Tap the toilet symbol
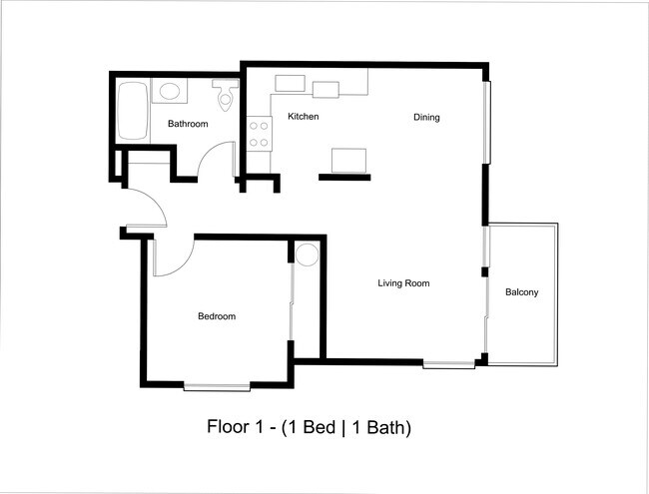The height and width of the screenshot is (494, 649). click(224, 96)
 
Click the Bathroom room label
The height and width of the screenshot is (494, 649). click(188, 125)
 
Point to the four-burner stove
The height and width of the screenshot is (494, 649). click(260, 133)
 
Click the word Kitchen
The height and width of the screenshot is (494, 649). click(303, 117)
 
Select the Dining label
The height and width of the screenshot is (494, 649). click(426, 118)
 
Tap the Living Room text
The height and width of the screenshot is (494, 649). click(403, 283)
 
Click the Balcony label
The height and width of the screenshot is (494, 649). click(521, 292)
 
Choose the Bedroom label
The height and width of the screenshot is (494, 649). click(217, 316)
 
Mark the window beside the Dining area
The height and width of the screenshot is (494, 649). click(487, 121)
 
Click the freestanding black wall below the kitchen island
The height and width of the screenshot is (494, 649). click(343, 178)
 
